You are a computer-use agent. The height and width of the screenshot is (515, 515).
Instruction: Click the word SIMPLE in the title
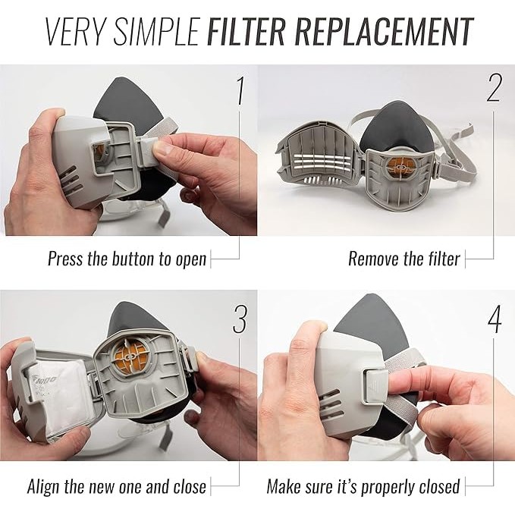[x=157, y=32]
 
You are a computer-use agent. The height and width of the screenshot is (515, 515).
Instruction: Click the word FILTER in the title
[x=247, y=32]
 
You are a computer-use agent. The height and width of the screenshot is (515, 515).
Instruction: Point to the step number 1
[x=240, y=91]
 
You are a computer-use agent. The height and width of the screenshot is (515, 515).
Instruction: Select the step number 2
[x=494, y=88]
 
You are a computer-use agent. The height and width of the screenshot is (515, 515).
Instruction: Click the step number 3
[x=240, y=319]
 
